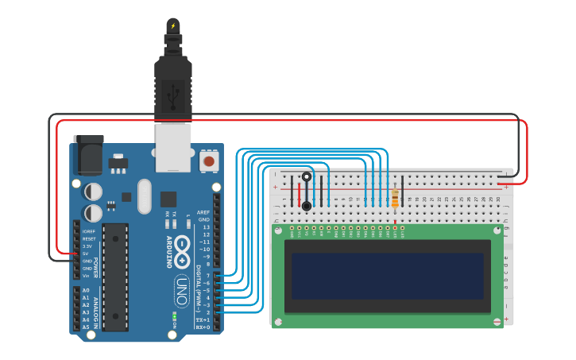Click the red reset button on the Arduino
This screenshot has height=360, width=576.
pos(209,161)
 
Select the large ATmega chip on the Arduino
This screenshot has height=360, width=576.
pos(115,277)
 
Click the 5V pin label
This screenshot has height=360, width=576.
pos(85,254)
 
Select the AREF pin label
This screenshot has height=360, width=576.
pos(204,212)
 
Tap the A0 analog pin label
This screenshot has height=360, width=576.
pos(86,290)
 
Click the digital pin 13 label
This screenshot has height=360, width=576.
pos(205,227)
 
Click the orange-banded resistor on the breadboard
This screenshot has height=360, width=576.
pos(395,197)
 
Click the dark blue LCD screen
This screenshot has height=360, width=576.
pos(387,276)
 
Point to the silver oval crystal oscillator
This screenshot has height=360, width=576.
pos(144,195)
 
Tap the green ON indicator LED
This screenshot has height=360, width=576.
pos(173,318)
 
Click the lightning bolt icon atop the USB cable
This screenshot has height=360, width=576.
pos(173,25)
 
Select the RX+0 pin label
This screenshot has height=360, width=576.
pos(203,327)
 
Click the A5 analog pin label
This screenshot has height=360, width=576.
pos(86,327)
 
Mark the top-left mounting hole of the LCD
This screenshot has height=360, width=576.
pos(277,230)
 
